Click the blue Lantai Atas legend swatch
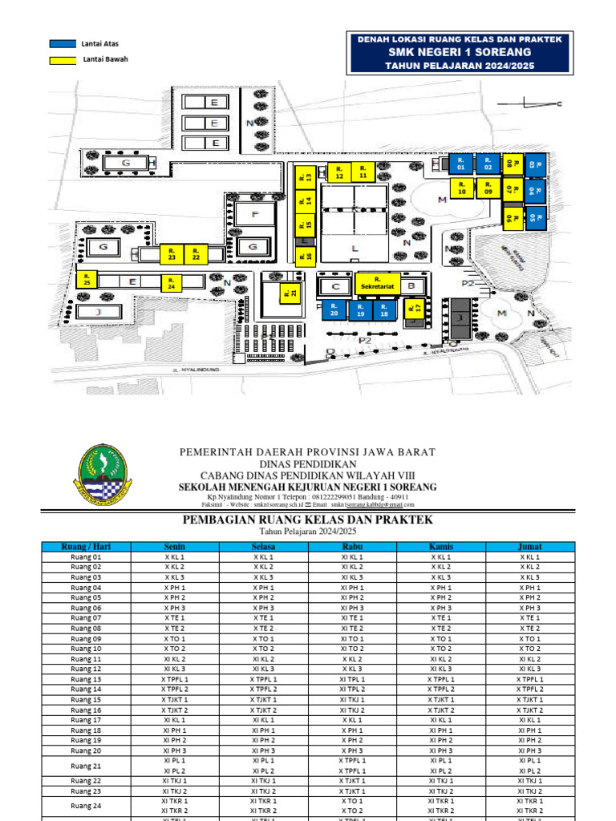[x=60, y=43]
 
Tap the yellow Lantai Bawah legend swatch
[x=60, y=59]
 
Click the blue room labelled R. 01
[x=460, y=163]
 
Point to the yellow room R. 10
[x=461, y=188]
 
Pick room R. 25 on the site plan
[x=87, y=279]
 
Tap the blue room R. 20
[x=335, y=310]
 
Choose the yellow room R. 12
[x=339, y=172]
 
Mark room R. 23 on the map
[x=172, y=254]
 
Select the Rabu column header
[x=352, y=547]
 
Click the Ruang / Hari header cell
[x=86, y=547]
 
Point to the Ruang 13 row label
[x=86, y=679]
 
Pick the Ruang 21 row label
[x=86, y=765]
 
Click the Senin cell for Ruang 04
[x=174, y=588]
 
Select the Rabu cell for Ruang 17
[x=352, y=720]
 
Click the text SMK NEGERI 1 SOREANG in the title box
[x=459, y=52]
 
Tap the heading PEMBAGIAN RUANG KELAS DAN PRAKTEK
[x=309, y=520]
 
